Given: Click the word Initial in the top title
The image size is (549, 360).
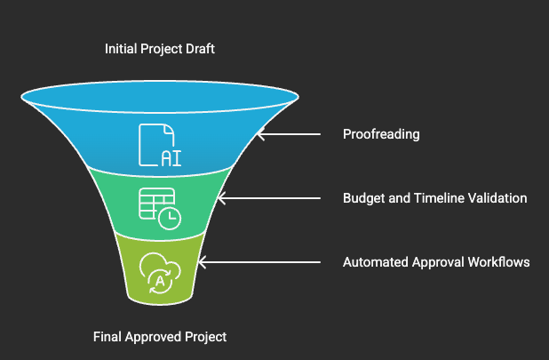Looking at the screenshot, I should click(120, 49).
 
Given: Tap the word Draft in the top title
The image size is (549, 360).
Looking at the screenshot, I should click(198, 49).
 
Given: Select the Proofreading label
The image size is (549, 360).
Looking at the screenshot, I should click(381, 135).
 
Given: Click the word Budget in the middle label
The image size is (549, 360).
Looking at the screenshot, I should click(363, 198).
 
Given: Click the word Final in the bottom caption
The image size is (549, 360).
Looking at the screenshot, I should click(107, 337).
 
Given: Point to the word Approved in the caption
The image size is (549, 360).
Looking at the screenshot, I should click(155, 337).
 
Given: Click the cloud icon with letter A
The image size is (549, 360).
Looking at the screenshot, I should click(160, 272).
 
